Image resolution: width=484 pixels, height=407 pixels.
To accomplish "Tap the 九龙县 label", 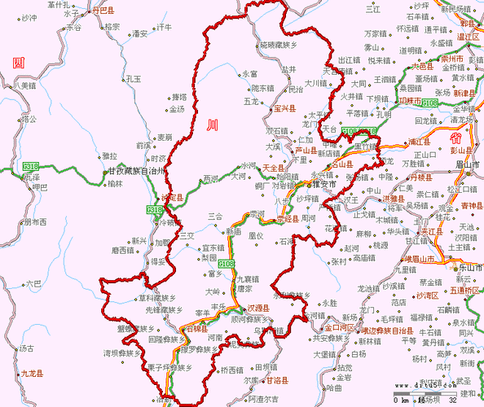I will [x=30, y=374].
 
